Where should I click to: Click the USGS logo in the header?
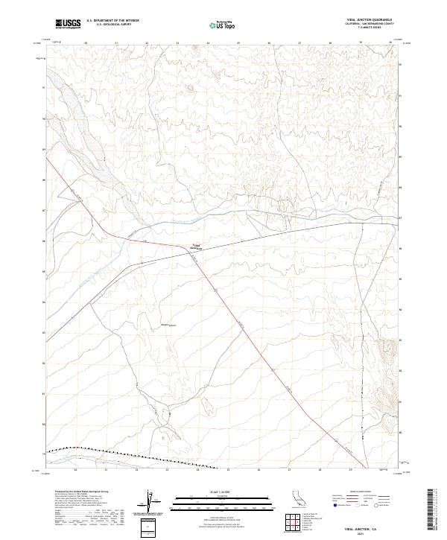[68, 25]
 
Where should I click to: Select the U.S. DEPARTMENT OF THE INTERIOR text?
[112, 21]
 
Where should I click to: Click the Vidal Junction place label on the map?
[197, 248]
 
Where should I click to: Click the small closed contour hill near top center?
[188, 89]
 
